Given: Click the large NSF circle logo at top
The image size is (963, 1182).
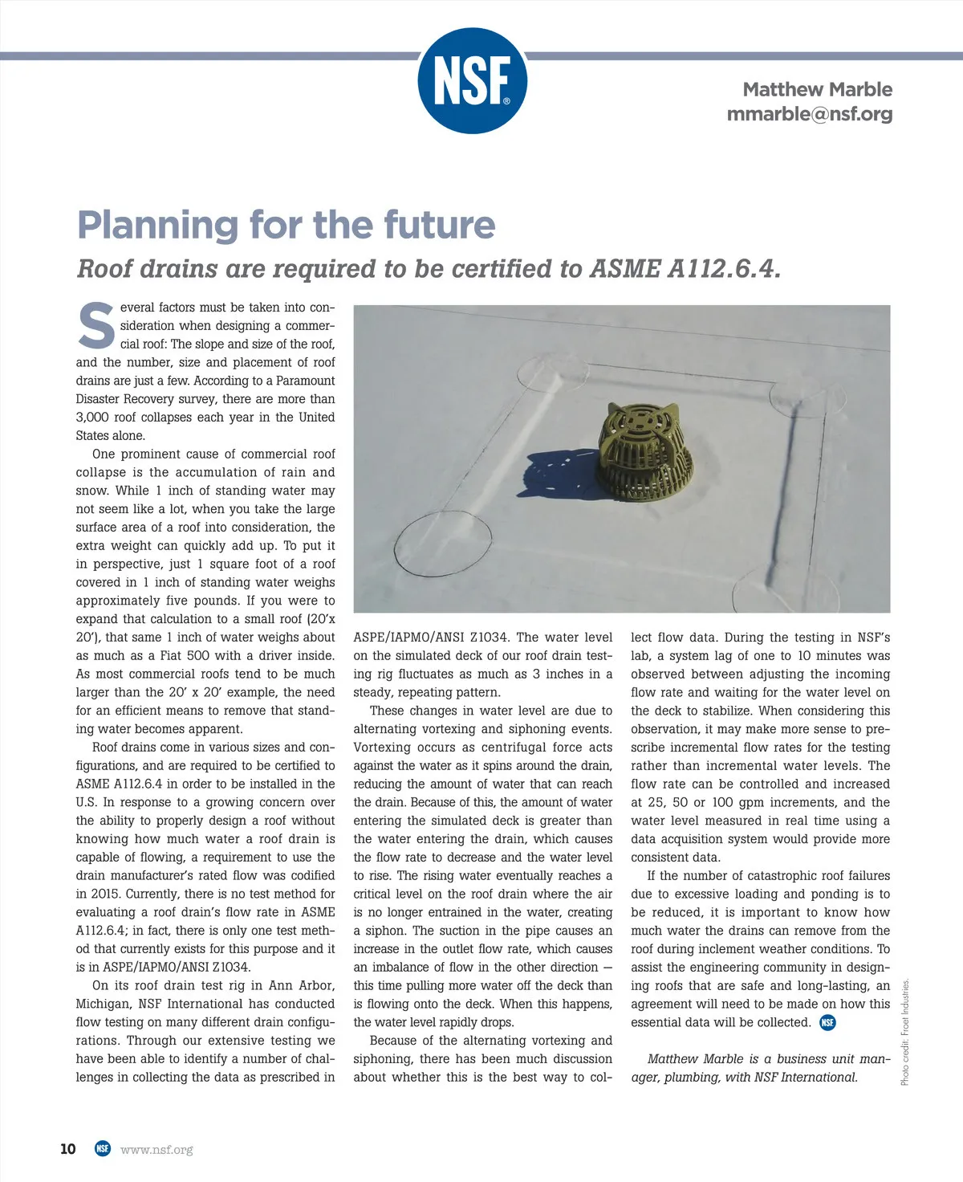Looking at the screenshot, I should pyautogui.click(x=472, y=81).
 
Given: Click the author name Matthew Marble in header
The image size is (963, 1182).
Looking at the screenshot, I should pyautogui.click(x=817, y=89).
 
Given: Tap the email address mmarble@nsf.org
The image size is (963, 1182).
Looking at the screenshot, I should pyautogui.click(x=809, y=114).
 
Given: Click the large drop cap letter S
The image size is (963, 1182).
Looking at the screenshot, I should pyautogui.click(x=95, y=326).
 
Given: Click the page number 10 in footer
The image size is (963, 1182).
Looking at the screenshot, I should pyautogui.click(x=68, y=1149).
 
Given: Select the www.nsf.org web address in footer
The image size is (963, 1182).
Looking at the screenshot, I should pyautogui.click(x=156, y=1150).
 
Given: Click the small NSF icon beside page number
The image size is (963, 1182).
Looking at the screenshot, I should pyautogui.click(x=102, y=1149).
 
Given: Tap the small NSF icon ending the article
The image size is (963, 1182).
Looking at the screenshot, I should pyautogui.click(x=827, y=1022).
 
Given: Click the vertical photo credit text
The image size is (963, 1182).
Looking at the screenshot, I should pyautogui.click(x=905, y=1032).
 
